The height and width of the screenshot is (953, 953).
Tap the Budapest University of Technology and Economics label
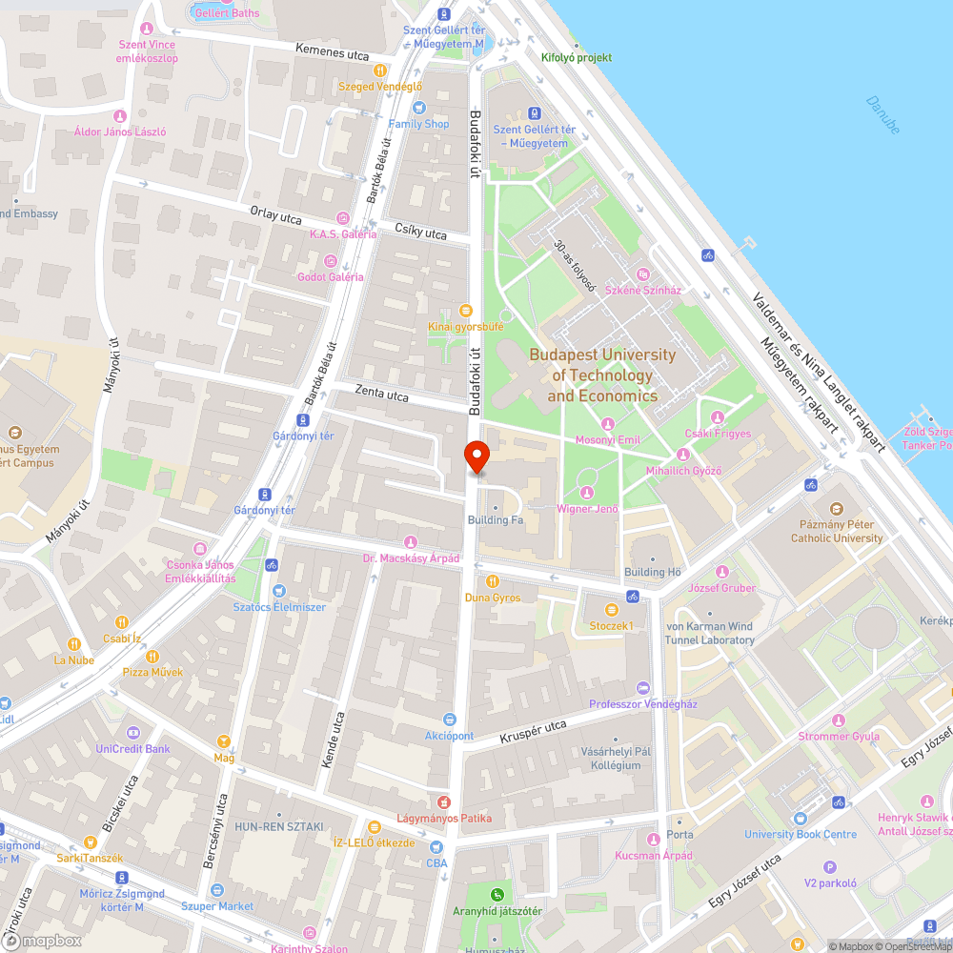[x=602, y=375]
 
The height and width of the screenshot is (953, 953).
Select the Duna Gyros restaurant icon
[x=493, y=581]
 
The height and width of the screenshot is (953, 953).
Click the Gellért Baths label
[x=226, y=12]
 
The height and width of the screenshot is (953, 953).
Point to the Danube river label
[x=883, y=114]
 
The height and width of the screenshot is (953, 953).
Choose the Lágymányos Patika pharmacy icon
[x=443, y=802]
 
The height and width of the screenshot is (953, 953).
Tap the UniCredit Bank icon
[x=132, y=733]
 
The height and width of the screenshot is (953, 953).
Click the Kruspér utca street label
[x=533, y=732]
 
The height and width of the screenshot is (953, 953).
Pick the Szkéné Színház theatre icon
[x=641, y=275]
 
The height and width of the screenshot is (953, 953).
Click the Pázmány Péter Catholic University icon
[x=837, y=510]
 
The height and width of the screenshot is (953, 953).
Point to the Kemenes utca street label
[x=332, y=53]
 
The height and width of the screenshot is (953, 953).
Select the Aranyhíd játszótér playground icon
[x=497, y=895]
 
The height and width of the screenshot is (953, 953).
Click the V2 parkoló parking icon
[x=829, y=867]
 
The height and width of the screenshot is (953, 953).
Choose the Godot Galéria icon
[x=331, y=261]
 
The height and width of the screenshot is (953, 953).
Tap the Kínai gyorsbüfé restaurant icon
[x=465, y=310]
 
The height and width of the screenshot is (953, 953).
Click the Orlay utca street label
[x=275, y=216]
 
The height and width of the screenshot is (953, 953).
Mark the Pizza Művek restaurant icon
[x=152, y=657]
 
